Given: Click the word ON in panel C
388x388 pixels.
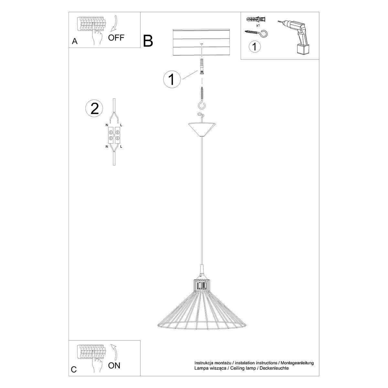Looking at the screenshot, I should pos(114,366).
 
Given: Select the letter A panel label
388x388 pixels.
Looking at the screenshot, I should pos(75,41).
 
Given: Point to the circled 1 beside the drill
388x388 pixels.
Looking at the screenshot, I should pos(255,47).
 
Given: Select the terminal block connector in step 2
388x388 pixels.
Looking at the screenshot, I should pos(114,135).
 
